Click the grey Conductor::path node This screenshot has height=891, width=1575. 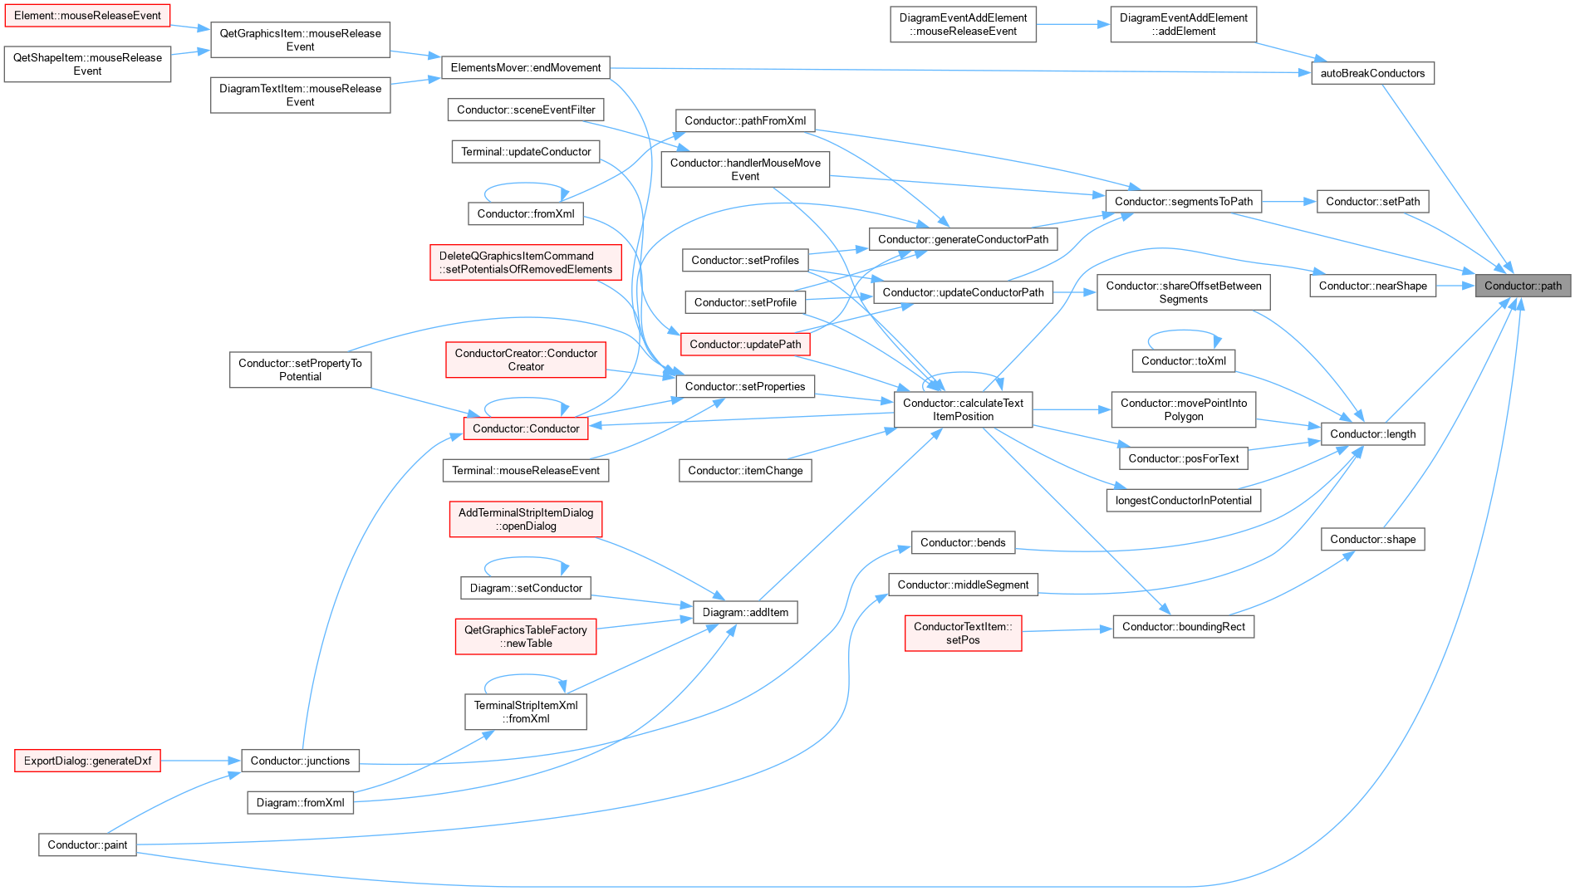(1523, 286)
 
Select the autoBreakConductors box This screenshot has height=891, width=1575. (1372, 73)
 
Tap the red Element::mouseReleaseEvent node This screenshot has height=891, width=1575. (87, 16)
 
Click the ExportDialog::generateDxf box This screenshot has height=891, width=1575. (87, 761)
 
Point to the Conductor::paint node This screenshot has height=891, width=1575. (87, 844)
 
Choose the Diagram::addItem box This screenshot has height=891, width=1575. (745, 612)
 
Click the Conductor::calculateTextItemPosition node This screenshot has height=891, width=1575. (963, 409)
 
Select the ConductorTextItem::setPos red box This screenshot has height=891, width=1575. (963, 633)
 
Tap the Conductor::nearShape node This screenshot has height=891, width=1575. (1372, 286)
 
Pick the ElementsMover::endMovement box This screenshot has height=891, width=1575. (526, 67)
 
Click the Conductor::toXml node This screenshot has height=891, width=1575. (1183, 360)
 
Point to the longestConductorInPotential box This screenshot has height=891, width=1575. (1183, 500)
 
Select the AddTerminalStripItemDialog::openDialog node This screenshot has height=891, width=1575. (526, 519)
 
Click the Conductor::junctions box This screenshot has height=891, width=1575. (300, 761)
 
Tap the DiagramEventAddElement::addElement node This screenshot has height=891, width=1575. (1183, 24)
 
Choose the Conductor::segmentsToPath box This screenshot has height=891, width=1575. (1183, 201)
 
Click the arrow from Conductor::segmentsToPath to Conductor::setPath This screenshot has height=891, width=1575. (1289, 201)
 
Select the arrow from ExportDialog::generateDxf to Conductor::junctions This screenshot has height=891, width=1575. (201, 761)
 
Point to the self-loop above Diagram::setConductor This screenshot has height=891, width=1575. (526, 560)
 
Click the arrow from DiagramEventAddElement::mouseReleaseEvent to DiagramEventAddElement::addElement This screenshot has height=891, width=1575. (1073, 24)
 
